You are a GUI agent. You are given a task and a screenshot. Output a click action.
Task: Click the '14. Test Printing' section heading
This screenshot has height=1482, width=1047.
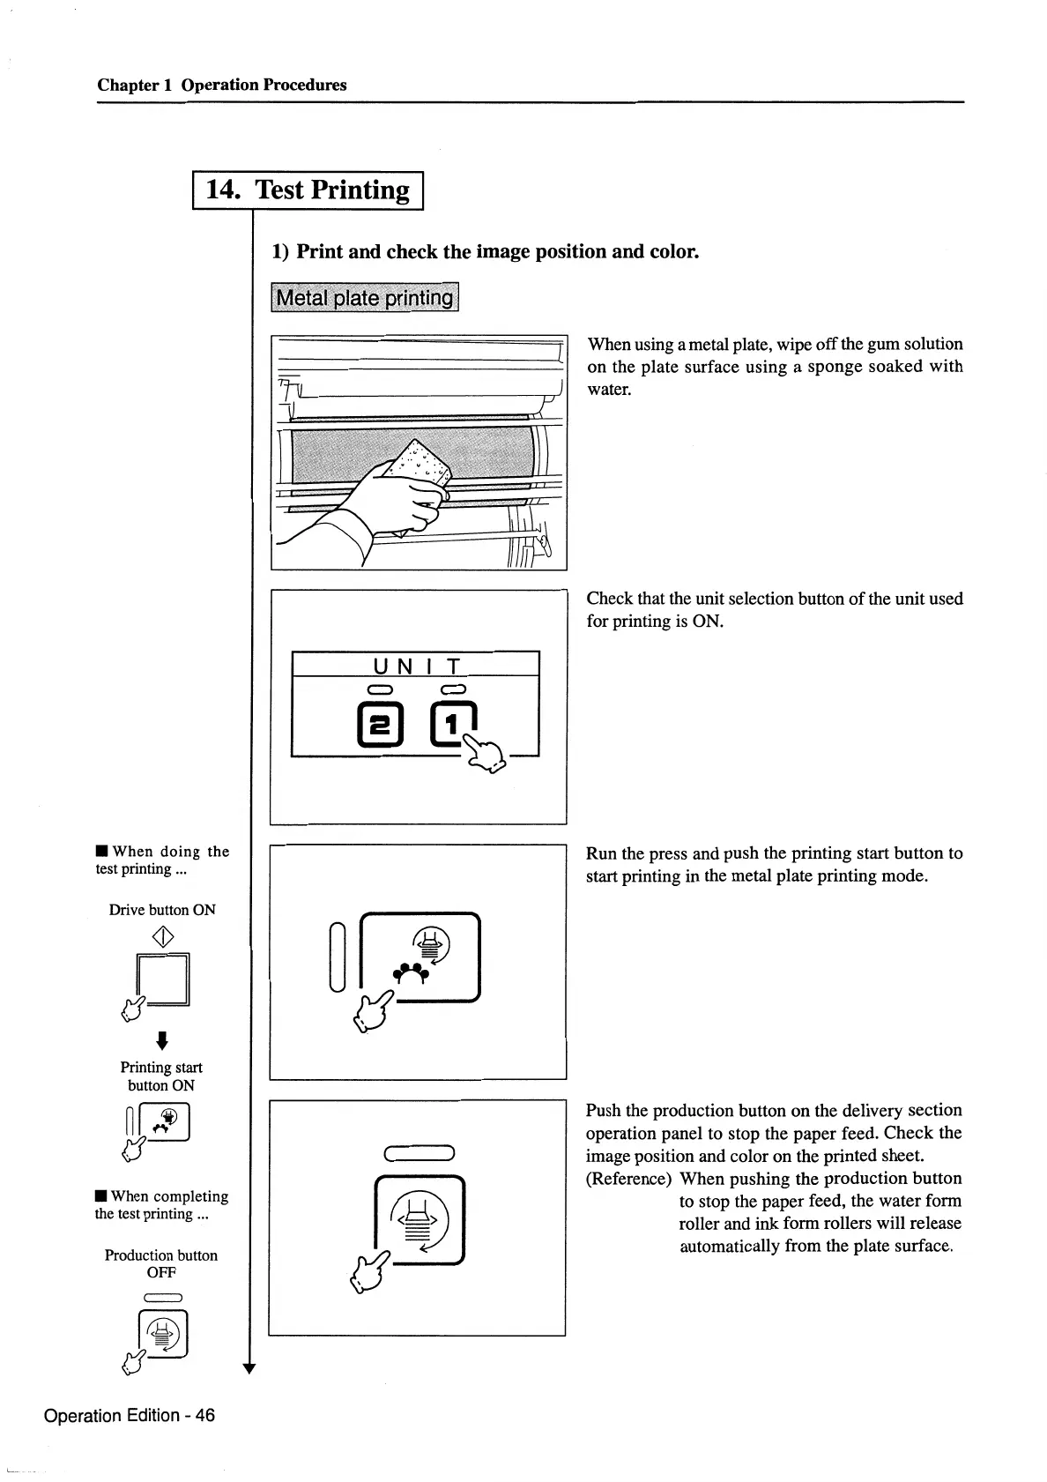[308, 190]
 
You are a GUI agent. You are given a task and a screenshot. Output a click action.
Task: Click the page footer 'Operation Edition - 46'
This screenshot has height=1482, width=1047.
[129, 1415]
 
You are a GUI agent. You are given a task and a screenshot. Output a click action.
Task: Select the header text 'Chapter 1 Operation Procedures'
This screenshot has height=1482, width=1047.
[222, 85]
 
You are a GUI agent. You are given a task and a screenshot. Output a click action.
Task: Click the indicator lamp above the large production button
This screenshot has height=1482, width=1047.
[419, 1152]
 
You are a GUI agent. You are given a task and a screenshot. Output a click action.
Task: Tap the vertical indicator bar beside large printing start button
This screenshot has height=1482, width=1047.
[336, 956]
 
